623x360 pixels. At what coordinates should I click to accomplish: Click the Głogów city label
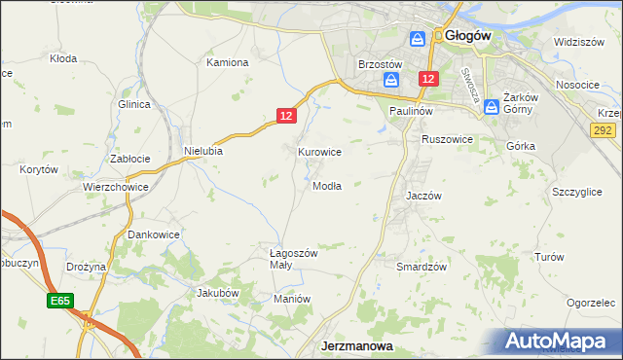tap(468, 36)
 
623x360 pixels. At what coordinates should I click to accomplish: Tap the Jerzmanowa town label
tap(356, 346)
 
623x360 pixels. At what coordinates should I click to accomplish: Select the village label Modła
tap(326, 186)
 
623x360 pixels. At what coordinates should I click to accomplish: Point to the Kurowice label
tap(319, 152)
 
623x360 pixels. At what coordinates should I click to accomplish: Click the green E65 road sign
tap(59, 303)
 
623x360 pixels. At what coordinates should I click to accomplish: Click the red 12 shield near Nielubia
tap(284, 116)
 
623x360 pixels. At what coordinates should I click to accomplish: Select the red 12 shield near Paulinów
tap(429, 78)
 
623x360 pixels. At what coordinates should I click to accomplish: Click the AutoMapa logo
tap(560, 342)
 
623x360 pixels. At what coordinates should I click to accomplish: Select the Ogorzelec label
tap(592, 303)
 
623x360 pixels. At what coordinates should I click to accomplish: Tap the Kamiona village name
tap(228, 62)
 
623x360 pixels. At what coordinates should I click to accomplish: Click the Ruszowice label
tap(447, 140)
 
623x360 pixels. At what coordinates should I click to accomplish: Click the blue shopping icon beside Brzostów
tap(391, 80)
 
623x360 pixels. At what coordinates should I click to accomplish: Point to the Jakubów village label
tap(218, 292)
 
